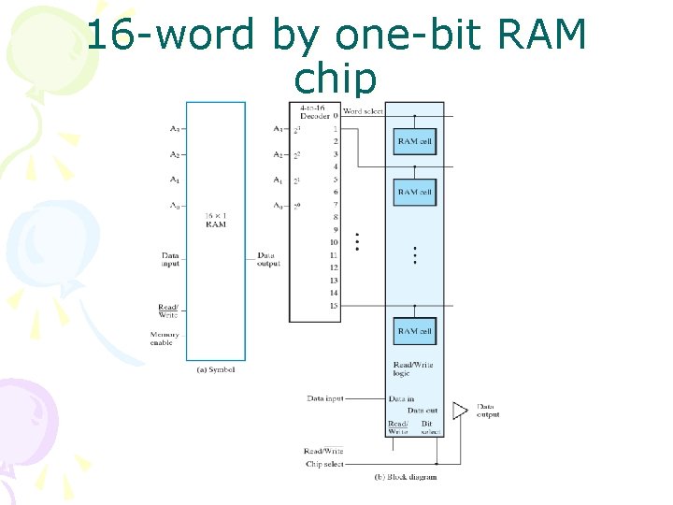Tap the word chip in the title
(336, 79)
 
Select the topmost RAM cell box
(415, 141)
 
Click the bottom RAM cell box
(415, 331)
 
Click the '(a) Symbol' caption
(216, 369)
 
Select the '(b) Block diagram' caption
(406, 477)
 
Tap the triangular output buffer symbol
(459, 411)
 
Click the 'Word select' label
(364, 111)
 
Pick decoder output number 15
(334, 306)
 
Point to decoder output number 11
(334, 255)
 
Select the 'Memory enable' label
(165, 339)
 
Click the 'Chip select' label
(324, 464)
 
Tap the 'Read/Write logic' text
(413, 368)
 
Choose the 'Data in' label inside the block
(401, 398)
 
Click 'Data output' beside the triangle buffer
(488, 411)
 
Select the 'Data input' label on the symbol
(169, 259)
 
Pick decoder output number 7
(334, 205)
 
